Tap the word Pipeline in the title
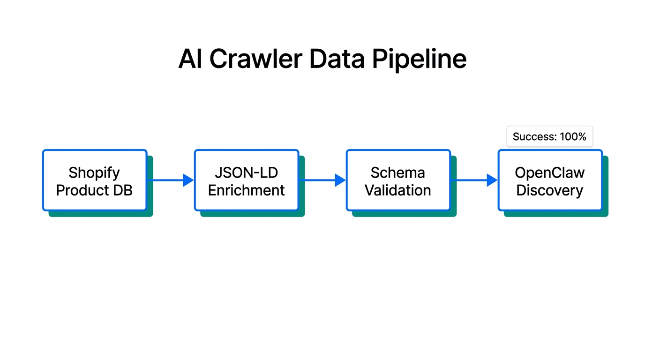[x=419, y=60]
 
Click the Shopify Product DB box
[x=95, y=180]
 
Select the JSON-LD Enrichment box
[x=247, y=180]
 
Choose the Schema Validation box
[x=398, y=180]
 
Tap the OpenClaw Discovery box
[x=550, y=180]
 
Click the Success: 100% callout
[x=549, y=136]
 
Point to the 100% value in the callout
[x=573, y=136]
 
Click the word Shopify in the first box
[x=94, y=172]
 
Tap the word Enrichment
[x=247, y=190]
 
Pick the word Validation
[x=398, y=190]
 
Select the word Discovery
[x=550, y=190]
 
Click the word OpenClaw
[x=550, y=172]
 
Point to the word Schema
[x=398, y=172]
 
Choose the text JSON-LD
[x=247, y=172]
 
